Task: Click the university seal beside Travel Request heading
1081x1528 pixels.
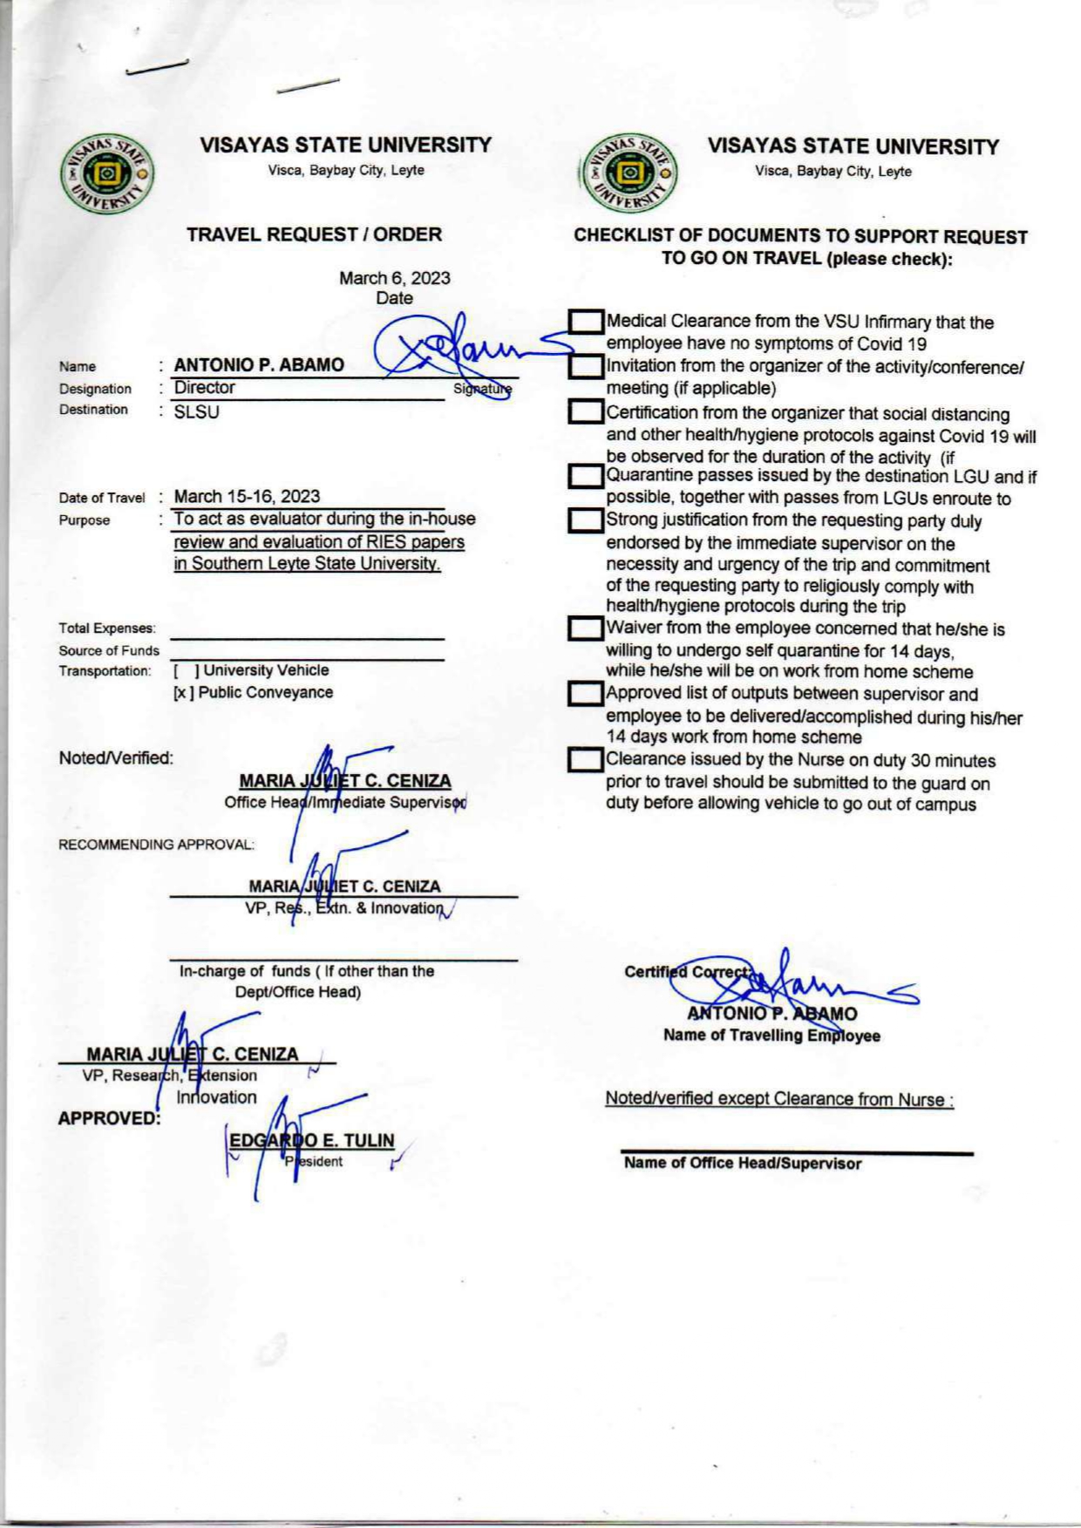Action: (x=107, y=173)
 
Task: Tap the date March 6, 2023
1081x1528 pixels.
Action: (x=394, y=278)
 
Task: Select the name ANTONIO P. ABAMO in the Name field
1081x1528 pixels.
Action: (x=259, y=365)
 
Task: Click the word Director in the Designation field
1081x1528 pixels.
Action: (x=205, y=388)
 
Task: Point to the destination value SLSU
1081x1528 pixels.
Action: (x=196, y=412)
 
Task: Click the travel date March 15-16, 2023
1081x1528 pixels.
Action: (x=247, y=497)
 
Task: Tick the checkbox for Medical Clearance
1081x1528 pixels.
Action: (x=586, y=323)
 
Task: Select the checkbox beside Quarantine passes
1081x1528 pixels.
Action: (x=586, y=477)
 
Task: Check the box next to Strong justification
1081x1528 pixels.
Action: (x=586, y=521)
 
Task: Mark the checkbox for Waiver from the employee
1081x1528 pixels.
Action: (x=586, y=628)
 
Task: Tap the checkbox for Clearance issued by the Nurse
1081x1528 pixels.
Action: (x=586, y=761)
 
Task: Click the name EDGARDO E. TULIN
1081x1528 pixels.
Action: (x=311, y=1140)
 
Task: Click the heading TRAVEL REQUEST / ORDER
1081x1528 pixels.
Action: (x=314, y=234)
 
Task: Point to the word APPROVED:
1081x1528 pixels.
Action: (x=109, y=1118)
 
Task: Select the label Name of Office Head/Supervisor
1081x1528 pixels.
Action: (x=742, y=1164)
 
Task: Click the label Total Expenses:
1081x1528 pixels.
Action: (x=107, y=628)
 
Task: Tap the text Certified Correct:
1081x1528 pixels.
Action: (x=687, y=972)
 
